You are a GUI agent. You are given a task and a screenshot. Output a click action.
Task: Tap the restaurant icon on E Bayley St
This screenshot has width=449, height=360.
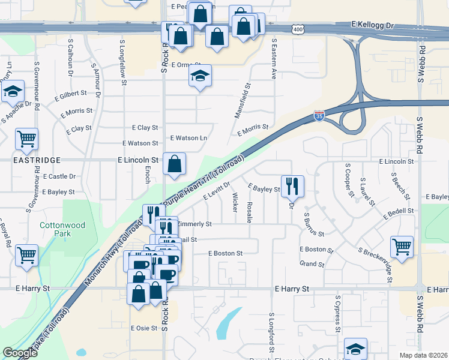point(292,185)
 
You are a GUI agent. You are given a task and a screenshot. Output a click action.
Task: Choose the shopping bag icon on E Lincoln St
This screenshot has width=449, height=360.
point(174,164)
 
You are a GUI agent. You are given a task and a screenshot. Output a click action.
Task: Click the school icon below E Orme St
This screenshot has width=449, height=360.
point(200,76)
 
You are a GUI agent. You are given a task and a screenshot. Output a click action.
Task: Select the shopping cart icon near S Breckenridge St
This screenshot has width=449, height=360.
point(402,245)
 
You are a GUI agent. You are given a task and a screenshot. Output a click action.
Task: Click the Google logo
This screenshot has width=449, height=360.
point(20,353)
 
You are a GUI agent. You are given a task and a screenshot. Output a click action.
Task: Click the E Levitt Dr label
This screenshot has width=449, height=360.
point(217,191)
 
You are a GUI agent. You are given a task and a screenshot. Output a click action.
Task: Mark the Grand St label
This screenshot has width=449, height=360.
point(312,264)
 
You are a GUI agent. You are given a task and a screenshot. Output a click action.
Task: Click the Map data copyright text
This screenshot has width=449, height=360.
point(422,355)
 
